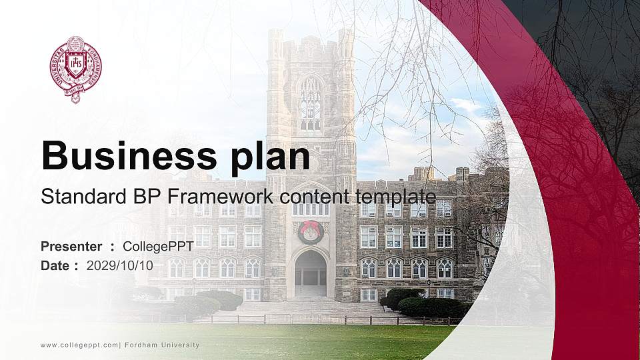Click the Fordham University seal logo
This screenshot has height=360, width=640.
click(x=75, y=69)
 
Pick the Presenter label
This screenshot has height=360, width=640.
click(x=71, y=247)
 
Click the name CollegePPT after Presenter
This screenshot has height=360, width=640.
click(x=159, y=247)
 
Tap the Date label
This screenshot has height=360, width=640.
click(x=55, y=265)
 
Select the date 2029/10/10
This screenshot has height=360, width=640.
click(x=119, y=265)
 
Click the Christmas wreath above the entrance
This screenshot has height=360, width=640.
click(x=311, y=232)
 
